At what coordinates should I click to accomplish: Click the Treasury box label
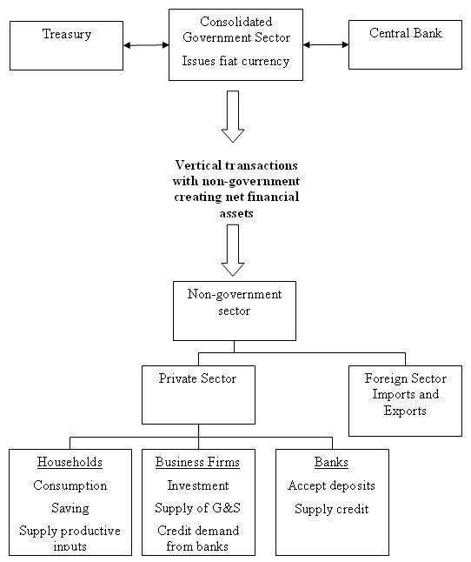point(67,35)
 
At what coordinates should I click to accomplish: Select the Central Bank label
point(406,33)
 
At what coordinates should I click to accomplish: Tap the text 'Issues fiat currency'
point(235,61)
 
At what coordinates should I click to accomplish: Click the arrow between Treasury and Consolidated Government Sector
point(146,45)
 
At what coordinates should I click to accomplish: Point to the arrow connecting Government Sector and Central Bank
point(326,44)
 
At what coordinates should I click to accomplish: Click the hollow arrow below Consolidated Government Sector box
point(233,117)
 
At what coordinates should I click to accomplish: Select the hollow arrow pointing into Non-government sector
point(233,251)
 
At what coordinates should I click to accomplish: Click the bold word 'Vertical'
point(198,165)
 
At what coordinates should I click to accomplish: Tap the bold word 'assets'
point(236,214)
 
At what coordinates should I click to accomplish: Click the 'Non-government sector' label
point(235,302)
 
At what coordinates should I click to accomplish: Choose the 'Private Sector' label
point(197,378)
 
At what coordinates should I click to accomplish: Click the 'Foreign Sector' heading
point(406,378)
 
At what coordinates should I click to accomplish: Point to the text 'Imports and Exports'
point(406,402)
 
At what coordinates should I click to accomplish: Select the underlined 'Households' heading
point(70,462)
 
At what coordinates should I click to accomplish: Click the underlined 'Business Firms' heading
point(197,462)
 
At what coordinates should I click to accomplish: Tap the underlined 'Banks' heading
point(331,462)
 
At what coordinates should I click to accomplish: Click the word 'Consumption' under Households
point(70,485)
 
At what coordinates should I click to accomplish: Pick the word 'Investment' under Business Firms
point(198,485)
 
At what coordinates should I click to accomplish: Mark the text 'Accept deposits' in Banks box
point(331,485)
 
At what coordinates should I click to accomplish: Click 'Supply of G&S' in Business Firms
point(197,508)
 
